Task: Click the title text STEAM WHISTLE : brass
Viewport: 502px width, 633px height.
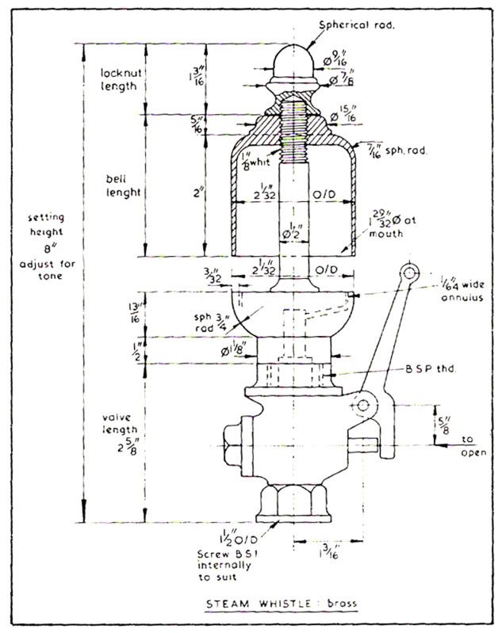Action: pos(281,604)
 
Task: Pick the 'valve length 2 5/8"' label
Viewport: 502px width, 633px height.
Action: pos(120,440)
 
